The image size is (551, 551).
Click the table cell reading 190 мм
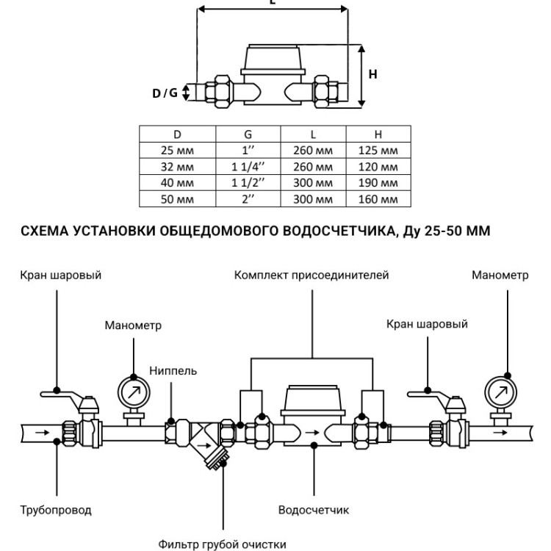click(378, 183)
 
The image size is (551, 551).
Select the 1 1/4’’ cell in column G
click(248, 167)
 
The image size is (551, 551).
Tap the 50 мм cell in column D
click(177, 199)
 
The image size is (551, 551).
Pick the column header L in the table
click(313, 134)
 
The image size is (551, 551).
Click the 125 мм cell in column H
click(378, 151)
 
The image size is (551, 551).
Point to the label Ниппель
click(173, 371)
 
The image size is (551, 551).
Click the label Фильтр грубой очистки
click(222, 544)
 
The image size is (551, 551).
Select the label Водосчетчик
click(314, 510)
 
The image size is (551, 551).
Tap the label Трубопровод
click(56, 510)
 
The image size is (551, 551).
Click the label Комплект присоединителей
click(311, 275)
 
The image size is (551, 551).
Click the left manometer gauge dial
click(134, 392)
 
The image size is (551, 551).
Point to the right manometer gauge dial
click(501, 392)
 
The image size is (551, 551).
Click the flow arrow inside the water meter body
click(312, 433)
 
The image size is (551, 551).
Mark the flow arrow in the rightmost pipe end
click(500, 432)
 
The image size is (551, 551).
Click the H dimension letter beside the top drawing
click(372, 74)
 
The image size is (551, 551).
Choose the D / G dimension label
click(165, 93)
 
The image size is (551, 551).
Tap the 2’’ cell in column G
click(248, 199)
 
